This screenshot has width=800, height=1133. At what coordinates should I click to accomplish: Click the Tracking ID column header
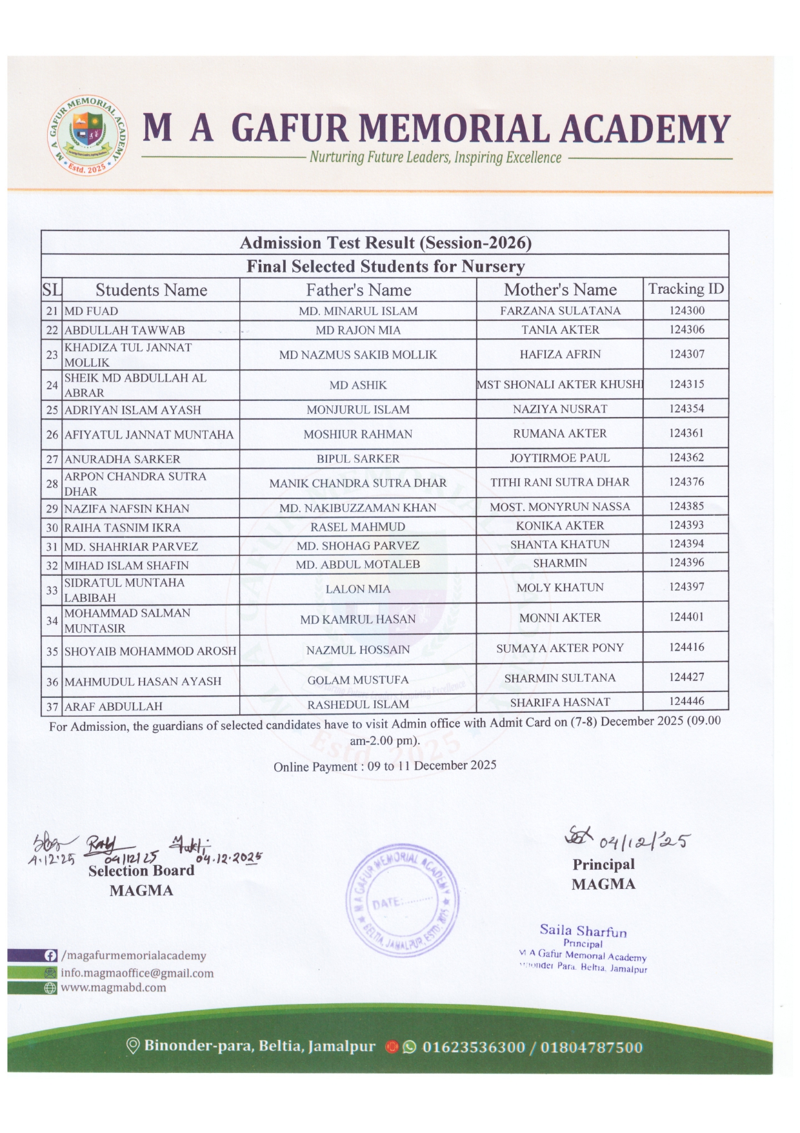pos(686,289)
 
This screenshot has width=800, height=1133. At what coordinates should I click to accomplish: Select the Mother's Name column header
pos(560,289)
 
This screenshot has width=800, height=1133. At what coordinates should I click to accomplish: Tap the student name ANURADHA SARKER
pos(123,459)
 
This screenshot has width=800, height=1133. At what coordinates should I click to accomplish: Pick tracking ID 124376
pos(686,482)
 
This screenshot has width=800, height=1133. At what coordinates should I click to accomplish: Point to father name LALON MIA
pos(357,588)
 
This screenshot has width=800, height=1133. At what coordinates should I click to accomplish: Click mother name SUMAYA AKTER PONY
pos(559,648)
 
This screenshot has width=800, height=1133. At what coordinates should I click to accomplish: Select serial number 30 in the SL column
pos(52,527)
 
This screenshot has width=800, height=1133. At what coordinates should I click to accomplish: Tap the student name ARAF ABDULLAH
pos(114,706)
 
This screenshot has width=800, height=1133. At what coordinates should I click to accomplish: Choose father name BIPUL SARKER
pos(357,458)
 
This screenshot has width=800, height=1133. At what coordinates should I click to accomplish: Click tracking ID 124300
pos(686,310)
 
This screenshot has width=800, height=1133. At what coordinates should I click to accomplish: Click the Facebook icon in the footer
pos(50,955)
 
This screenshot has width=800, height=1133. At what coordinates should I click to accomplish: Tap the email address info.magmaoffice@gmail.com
pos(137,973)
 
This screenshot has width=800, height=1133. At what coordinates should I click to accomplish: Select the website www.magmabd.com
pos(114,988)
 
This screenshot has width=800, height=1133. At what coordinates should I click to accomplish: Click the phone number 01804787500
pos(592,1046)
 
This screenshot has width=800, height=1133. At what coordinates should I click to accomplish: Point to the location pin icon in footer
pos(133,1045)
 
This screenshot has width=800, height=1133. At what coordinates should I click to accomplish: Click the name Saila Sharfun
pos(583,930)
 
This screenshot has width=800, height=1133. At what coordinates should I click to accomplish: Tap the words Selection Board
pos(141,870)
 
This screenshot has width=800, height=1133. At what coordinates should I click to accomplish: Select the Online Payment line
pos(385,766)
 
